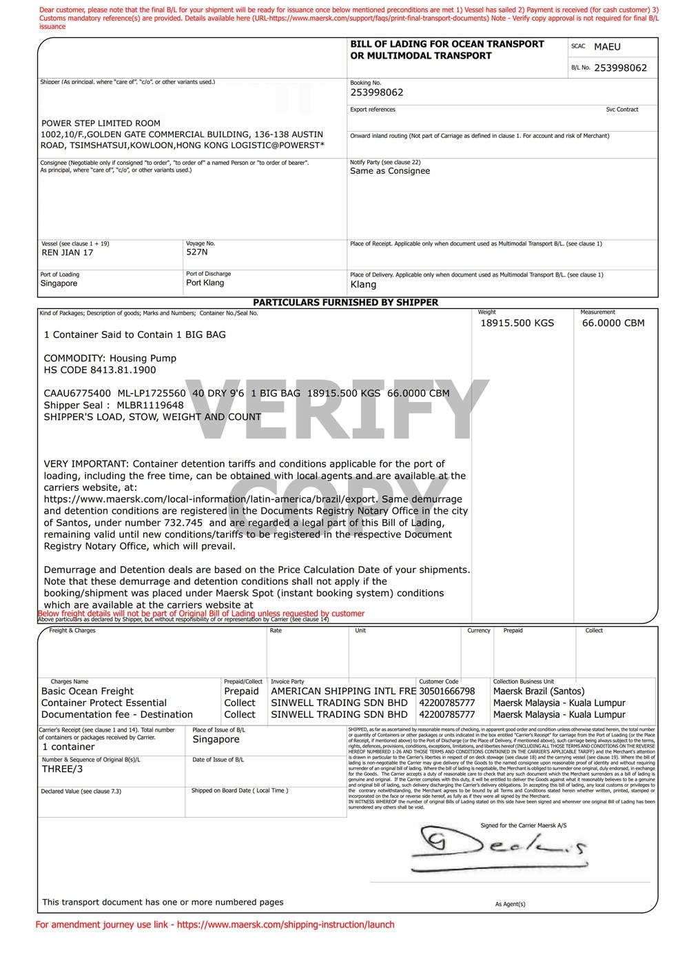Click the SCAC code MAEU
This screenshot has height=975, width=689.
coord(607,47)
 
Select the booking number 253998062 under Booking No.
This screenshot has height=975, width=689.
coord(377,92)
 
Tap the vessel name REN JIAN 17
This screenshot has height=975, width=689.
coord(68,252)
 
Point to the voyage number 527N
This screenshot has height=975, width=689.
coord(197,252)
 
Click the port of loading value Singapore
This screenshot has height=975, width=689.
coord(59,283)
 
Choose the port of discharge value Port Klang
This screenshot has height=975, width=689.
coord(205,283)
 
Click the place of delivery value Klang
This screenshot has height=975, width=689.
coord(363,284)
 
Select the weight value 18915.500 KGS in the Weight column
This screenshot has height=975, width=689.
coord(517,323)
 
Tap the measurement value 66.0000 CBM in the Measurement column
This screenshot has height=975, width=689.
coord(613,323)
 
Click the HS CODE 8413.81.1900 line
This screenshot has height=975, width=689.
coord(100,370)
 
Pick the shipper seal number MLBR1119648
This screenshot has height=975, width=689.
coord(150,405)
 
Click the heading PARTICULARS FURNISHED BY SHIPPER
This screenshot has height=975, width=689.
coord(345,302)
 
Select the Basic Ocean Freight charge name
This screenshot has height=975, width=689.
coord(88,691)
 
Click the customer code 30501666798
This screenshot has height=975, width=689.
coord(447,691)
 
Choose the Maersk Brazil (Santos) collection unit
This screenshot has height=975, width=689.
coord(539,691)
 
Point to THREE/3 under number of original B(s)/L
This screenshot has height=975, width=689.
coord(62,769)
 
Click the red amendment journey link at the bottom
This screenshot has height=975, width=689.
coord(215,925)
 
